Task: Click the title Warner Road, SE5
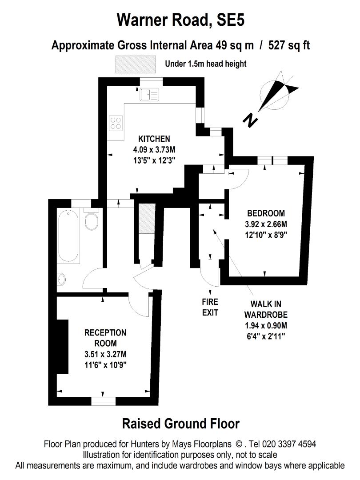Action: tap(180, 20)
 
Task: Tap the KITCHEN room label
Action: tap(154, 138)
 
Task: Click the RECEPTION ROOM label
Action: tap(105, 338)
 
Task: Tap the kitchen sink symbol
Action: tap(148, 94)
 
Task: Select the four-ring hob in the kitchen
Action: tap(116, 122)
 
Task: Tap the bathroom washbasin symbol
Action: tap(61, 279)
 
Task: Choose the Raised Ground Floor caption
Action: tap(180, 424)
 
